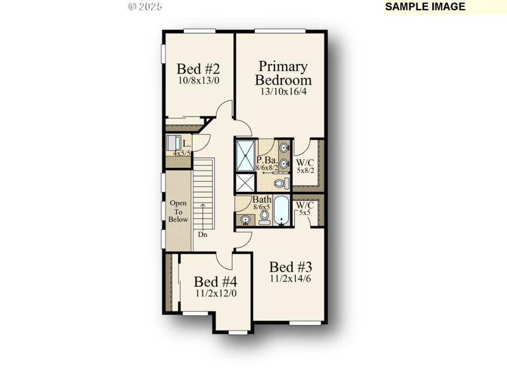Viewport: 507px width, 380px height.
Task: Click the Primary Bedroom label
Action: [283, 73]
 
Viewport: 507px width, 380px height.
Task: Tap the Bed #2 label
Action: [198, 68]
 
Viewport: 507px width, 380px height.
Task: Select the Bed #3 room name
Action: [291, 267]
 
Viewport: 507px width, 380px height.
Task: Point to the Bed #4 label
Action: [215, 281]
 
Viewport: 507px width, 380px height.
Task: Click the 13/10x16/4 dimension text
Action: [283, 91]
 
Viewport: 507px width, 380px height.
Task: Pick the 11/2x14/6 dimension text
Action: [291, 279]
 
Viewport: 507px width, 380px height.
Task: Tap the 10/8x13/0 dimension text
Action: [198, 80]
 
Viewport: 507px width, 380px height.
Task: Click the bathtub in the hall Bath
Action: [281, 211]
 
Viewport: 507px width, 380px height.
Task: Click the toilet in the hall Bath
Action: [264, 217]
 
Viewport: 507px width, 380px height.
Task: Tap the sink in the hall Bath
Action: [245, 220]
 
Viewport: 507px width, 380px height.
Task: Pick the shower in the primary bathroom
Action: [245, 155]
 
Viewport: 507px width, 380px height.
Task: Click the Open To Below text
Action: [178, 212]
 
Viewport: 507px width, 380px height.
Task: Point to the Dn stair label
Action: [203, 235]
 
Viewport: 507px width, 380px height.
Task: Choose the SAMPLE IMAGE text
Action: [425, 7]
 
